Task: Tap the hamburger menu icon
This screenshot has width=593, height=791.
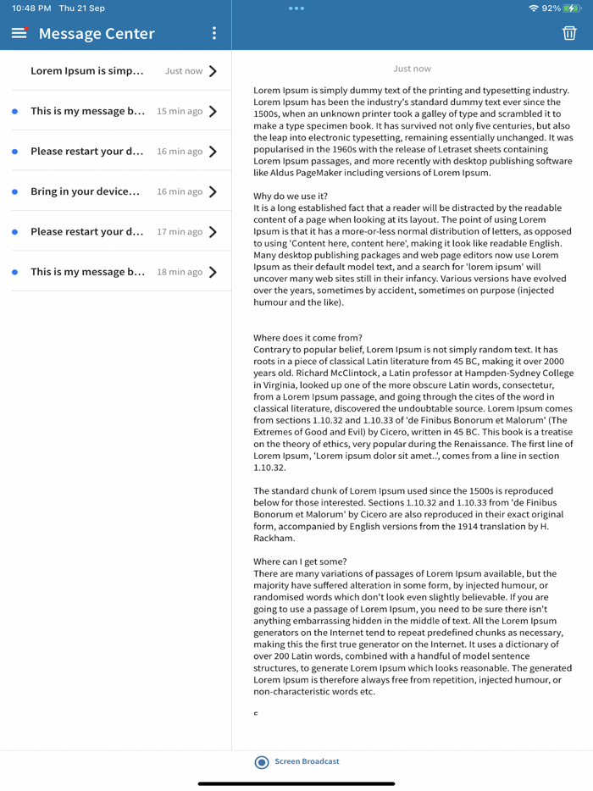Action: tap(19, 33)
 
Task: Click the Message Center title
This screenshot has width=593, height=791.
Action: tap(97, 34)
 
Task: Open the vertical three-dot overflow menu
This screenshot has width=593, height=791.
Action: tap(214, 33)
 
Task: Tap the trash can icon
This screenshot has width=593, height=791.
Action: tap(569, 33)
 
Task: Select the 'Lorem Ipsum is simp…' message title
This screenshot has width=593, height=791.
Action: tap(87, 71)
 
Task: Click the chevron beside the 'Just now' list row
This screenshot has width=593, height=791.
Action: tap(213, 71)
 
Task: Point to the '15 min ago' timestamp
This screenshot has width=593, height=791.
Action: tap(180, 111)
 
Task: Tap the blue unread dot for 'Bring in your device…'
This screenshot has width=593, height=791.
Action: tap(15, 192)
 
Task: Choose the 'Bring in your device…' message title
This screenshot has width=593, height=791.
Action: tap(85, 191)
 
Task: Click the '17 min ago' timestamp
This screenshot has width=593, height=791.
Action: tap(180, 232)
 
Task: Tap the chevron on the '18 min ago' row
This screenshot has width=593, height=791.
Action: tap(213, 272)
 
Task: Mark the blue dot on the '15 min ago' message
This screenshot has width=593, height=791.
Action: tap(15, 112)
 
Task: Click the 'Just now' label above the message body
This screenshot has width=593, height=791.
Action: tap(412, 69)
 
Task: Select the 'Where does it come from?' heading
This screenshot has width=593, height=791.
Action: tap(308, 338)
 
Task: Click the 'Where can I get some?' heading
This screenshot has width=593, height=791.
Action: tap(300, 561)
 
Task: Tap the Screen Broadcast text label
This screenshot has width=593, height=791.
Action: tap(307, 761)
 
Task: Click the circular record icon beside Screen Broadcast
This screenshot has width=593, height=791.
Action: tap(262, 762)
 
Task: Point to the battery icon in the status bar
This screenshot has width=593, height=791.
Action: tap(573, 8)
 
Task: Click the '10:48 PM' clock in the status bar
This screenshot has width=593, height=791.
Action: tap(31, 8)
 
